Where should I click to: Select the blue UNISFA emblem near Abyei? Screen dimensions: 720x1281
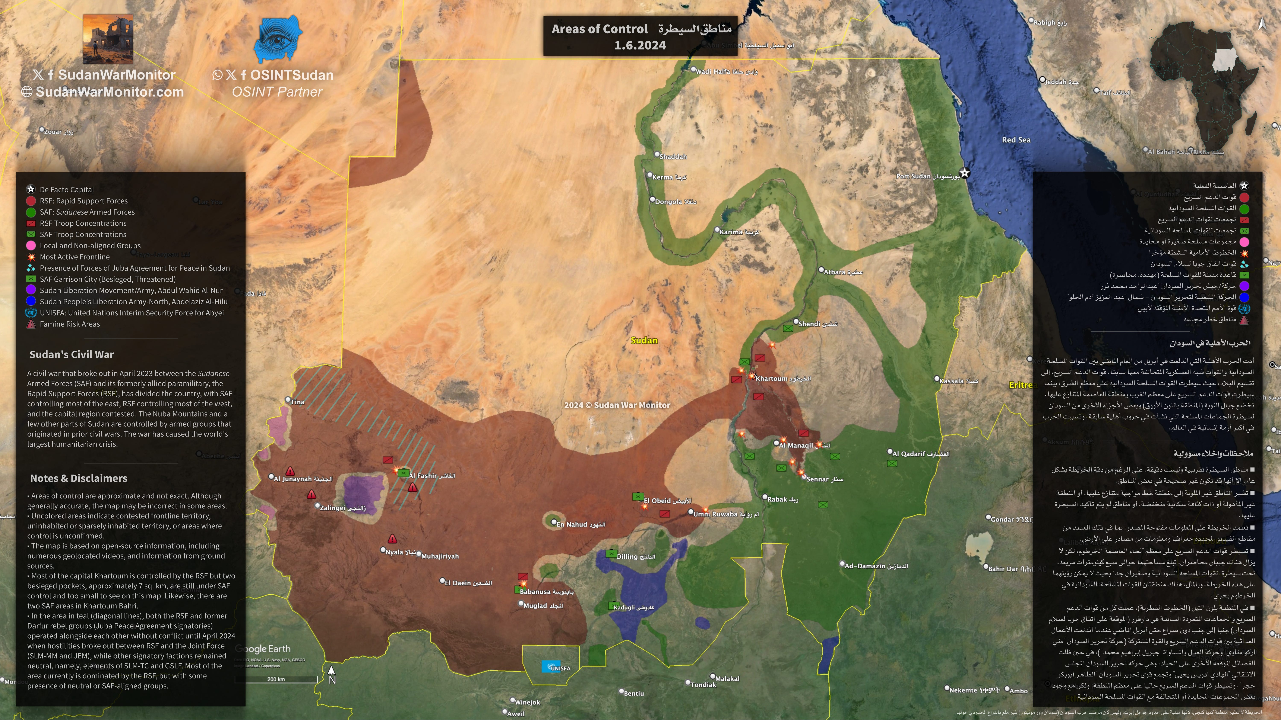tap(550, 666)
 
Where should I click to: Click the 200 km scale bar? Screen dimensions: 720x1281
tap(276, 678)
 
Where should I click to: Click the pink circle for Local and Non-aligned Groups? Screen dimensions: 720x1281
tap(31, 245)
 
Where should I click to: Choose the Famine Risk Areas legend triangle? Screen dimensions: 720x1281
tap(31, 324)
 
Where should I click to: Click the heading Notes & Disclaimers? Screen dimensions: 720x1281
tap(79, 478)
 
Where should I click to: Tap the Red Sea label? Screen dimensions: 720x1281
tap(1016, 140)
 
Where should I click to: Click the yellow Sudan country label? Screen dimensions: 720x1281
tap(644, 340)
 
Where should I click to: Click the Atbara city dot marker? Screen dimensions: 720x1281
tap(821, 270)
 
